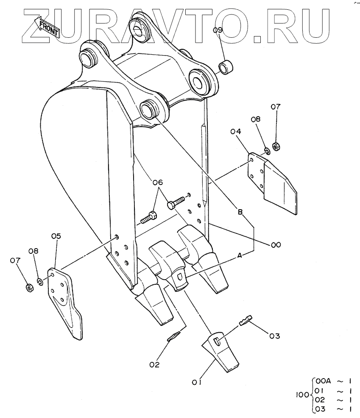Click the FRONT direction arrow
coord(48,26)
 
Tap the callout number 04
coord(236,132)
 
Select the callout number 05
coord(56,236)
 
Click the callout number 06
coord(158,182)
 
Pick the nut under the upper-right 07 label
coord(275,146)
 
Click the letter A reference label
coord(239,255)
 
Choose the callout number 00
coord(276,245)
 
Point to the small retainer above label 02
coord(174,337)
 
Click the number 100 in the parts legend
coord(302,395)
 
